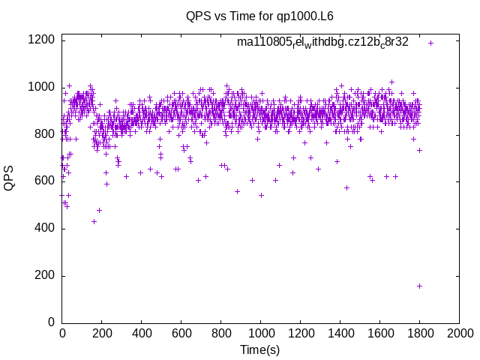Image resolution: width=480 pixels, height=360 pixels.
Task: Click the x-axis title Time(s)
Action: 259,350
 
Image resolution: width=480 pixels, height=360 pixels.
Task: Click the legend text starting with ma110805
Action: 322,43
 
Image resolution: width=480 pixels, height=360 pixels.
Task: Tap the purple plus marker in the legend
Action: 430,43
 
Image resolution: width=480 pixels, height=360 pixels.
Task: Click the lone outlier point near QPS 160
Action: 419,286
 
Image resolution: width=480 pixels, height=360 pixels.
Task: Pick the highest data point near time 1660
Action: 391,82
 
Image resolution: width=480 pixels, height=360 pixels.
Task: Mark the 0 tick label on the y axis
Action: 51,322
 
